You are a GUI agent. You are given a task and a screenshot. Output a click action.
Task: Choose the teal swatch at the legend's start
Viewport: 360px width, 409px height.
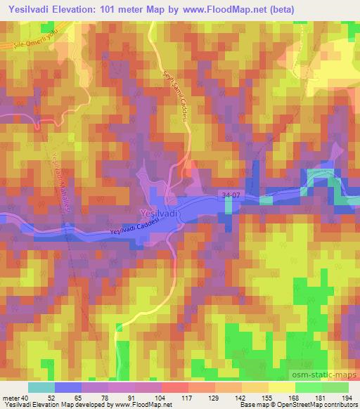tap(41, 387)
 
